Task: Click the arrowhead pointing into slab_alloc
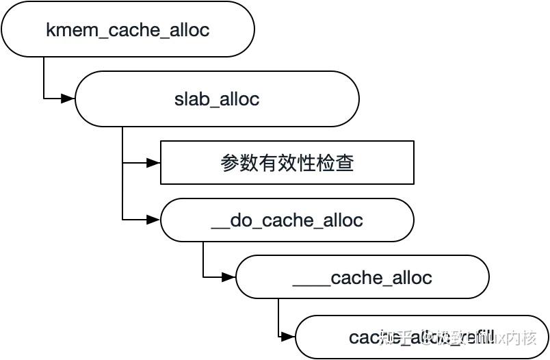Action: click(x=68, y=99)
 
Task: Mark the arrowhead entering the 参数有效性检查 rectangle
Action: click(x=153, y=163)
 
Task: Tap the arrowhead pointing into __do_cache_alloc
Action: click(x=153, y=220)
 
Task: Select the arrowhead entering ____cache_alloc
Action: click(x=228, y=277)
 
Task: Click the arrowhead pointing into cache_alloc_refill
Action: click(x=288, y=337)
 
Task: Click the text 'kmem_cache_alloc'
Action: click(x=127, y=30)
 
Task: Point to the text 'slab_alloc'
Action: click(x=217, y=99)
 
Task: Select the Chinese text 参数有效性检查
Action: click(x=287, y=163)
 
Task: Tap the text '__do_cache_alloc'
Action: click(x=287, y=220)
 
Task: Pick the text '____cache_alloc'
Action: click(x=362, y=277)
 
